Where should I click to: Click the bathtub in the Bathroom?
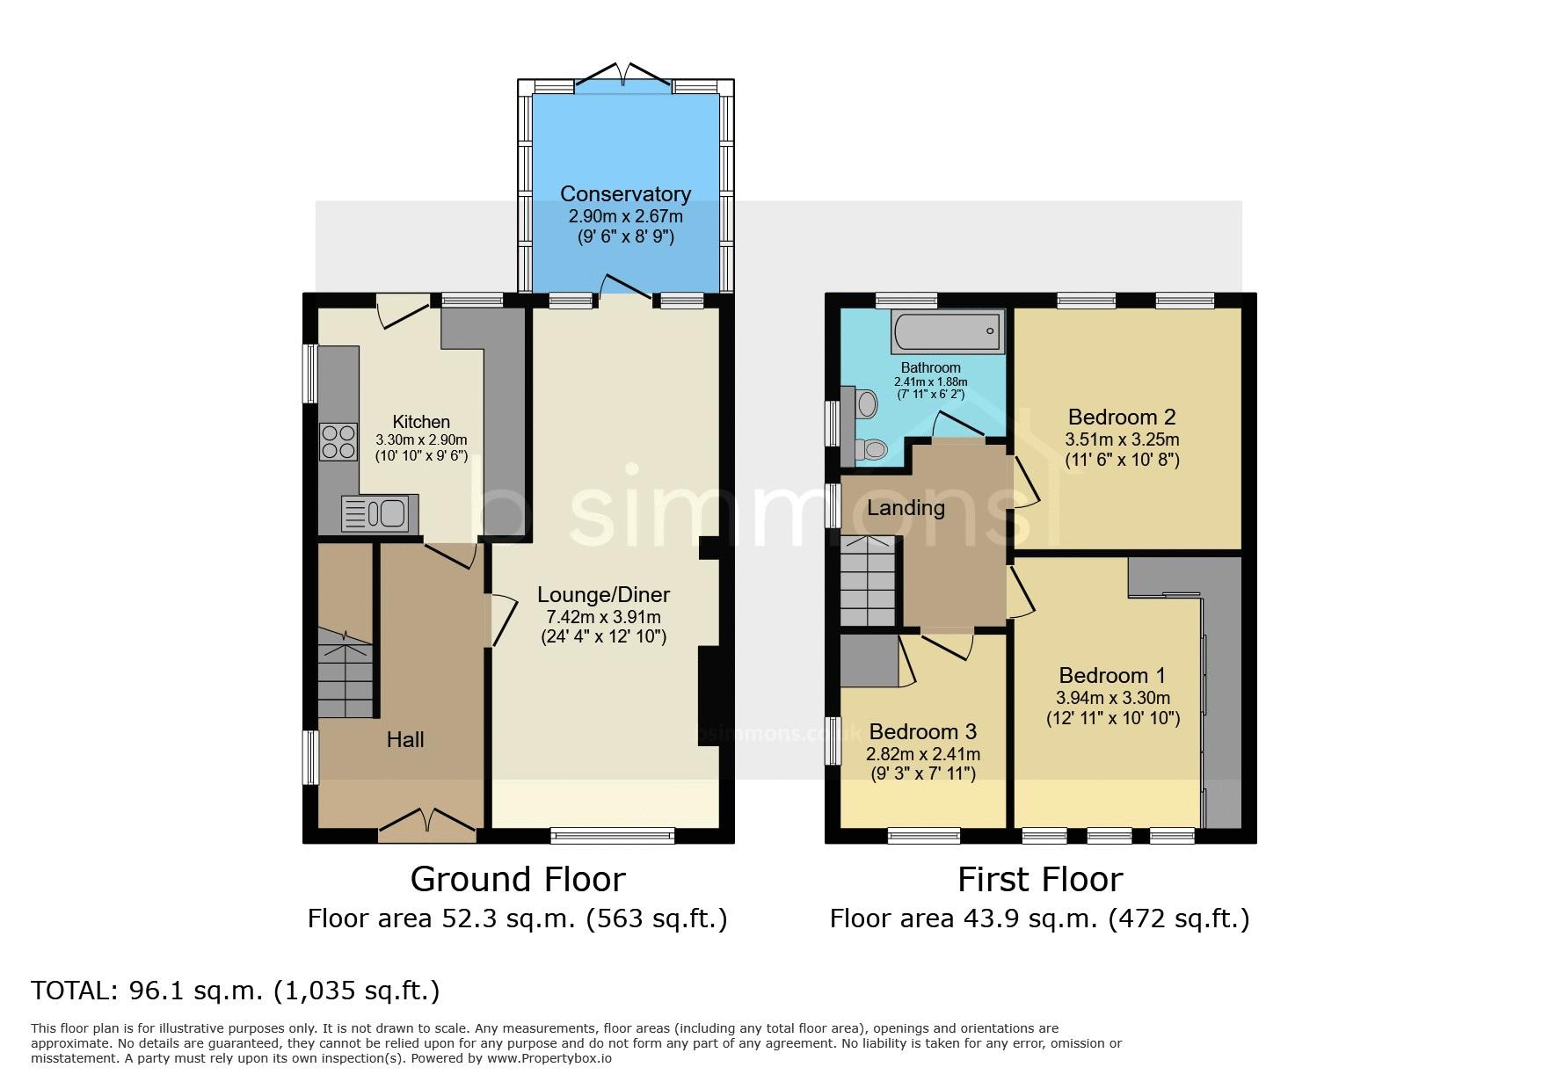pos(948,331)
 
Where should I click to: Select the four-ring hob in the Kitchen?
pos(338,442)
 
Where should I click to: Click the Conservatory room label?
pos(625,193)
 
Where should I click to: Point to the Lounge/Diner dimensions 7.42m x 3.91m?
pos(603,617)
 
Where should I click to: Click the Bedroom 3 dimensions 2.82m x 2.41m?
pos(923,754)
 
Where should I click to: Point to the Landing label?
pos(906,508)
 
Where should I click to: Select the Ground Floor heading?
pos(517,879)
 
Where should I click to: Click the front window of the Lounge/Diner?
pos(613,835)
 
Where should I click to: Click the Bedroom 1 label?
pos(1112,675)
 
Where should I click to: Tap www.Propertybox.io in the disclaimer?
pos(549,1058)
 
